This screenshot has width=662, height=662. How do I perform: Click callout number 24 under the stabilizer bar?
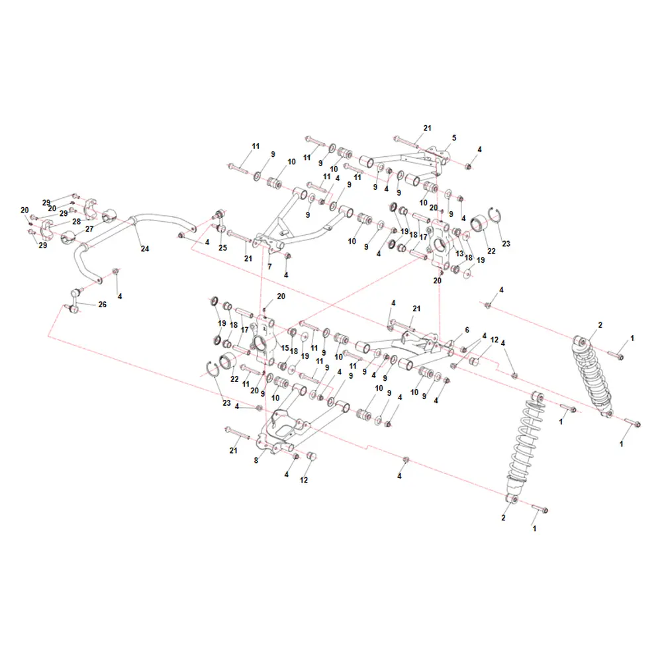click(145, 249)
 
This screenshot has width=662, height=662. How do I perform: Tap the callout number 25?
click(222, 248)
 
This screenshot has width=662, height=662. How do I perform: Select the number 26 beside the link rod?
click(102, 305)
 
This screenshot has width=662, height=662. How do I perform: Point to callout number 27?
click(89, 229)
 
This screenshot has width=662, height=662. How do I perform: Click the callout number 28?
click(76, 222)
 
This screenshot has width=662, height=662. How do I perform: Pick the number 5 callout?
click(454, 138)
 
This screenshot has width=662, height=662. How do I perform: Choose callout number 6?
click(467, 330)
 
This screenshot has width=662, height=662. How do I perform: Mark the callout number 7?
click(269, 266)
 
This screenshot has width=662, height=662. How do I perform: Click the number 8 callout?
click(256, 460)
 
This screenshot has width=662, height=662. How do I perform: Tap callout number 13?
click(460, 254)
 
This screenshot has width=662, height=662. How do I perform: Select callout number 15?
click(285, 348)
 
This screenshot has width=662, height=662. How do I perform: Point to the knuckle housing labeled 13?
click(440, 244)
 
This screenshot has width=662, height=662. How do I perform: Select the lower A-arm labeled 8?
click(295, 426)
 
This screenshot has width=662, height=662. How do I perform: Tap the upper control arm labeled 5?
click(405, 163)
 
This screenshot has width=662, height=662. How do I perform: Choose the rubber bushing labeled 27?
click(68, 237)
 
